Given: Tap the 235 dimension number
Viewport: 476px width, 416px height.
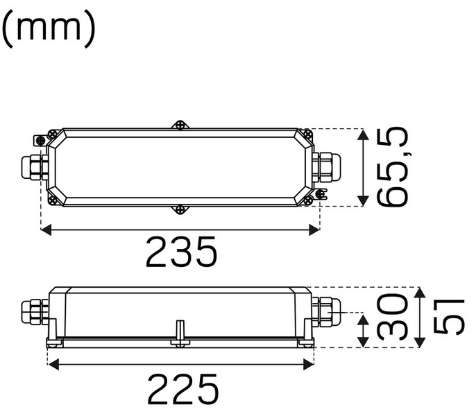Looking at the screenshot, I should click(182, 253).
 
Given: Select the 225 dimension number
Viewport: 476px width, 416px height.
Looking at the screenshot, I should click(182, 390).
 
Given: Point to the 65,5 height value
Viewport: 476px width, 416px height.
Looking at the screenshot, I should click(392, 167).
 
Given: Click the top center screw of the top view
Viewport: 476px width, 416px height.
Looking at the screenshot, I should click(180, 125).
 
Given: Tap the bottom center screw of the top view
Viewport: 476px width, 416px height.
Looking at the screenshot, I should click(180, 208).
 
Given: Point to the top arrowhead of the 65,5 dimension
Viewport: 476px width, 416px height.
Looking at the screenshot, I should click(362, 134).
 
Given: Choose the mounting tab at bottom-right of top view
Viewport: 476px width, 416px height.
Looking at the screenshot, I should click(319, 195).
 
